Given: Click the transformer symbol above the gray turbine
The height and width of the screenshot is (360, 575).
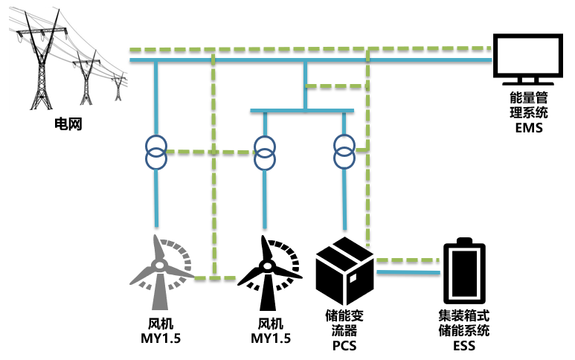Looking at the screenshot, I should tap(156, 152).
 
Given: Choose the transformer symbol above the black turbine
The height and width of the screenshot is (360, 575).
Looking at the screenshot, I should tap(264, 152).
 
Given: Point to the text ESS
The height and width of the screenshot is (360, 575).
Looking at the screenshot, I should tap(463, 346).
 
